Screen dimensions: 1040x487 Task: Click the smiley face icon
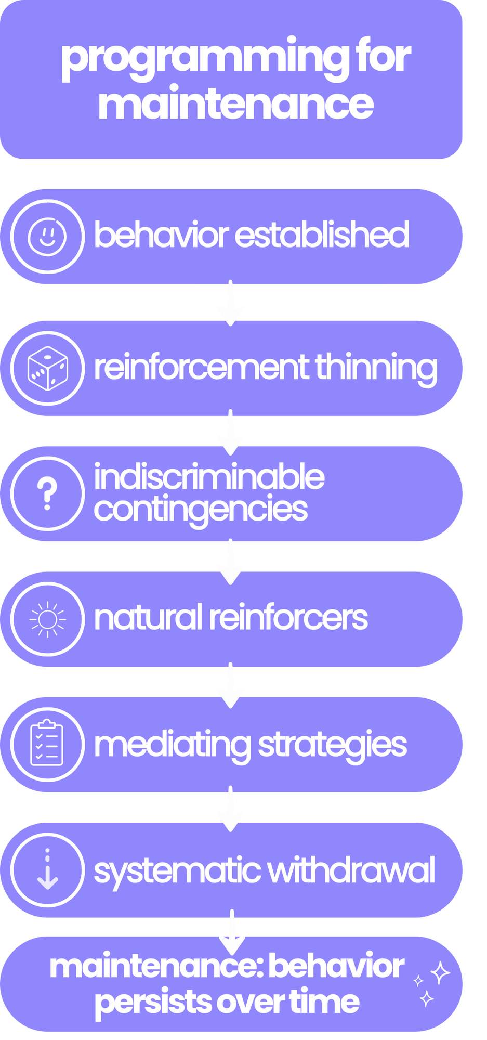[x=47, y=236]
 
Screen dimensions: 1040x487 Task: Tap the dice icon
[x=47, y=368]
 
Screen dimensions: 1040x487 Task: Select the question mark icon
[x=47, y=493]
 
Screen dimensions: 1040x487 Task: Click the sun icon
[x=47, y=618]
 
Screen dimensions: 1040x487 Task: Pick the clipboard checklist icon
[x=47, y=743]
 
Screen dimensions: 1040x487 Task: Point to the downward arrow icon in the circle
[x=47, y=869]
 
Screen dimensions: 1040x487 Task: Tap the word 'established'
[x=322, y=235]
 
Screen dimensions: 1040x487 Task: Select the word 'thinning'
[x=376, y=368]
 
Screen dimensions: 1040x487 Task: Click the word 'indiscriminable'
[x=209, y=477]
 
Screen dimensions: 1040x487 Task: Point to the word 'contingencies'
[x=201, y=510]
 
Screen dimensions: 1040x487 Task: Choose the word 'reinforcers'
[x=288, y=618]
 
